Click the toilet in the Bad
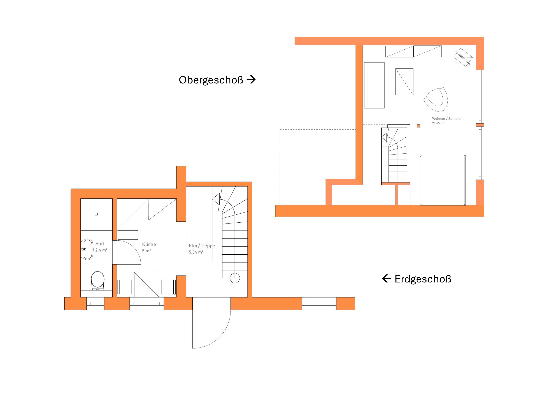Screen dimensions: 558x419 [98, 281]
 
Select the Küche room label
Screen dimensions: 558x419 [149, 244]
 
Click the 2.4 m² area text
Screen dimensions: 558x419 [101, 250]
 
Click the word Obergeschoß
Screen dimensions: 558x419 [211, 80]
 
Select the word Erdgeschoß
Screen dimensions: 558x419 [423, 279]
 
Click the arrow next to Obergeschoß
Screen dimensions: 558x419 [251, 80]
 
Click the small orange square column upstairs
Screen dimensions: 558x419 [418, 126]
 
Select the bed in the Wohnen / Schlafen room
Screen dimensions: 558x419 [443, 180]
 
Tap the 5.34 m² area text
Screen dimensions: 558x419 [196, 252]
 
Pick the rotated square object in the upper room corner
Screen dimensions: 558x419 [463, 57]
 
